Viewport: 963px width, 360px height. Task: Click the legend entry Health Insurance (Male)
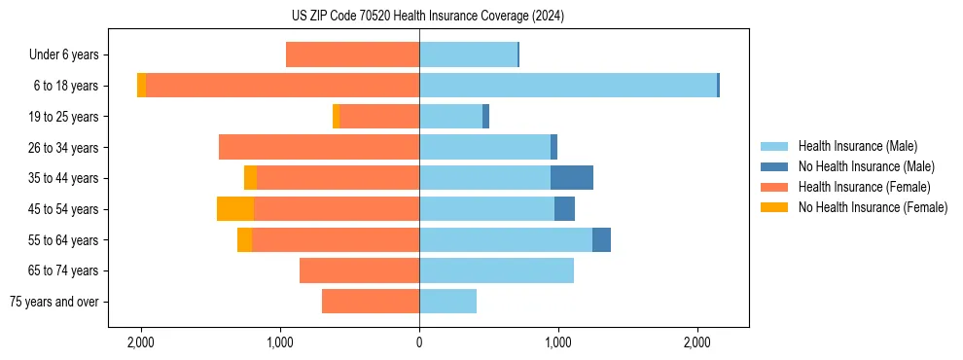[x=857, y=146]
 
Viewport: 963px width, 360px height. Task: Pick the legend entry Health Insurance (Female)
[x=865, y=187]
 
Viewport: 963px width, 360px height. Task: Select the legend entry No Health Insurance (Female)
[x=873, y=207]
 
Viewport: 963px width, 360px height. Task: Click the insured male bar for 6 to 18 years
[x=568, y=86]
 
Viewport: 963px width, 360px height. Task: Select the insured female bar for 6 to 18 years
[x=282, y=86]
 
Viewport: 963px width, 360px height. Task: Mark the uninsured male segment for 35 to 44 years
[x=572, y=178]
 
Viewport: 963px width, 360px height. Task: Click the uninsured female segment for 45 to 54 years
[x=235, y=209]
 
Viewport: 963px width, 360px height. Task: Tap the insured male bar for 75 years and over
[x=447, y=302]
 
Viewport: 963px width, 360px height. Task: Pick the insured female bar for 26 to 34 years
[x=319, y=147]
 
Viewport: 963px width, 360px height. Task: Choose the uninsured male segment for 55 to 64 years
[x=601, y=239]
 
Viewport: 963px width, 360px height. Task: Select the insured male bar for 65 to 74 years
[x=496, y=270]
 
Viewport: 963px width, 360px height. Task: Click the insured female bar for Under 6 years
[x=352, y=54]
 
